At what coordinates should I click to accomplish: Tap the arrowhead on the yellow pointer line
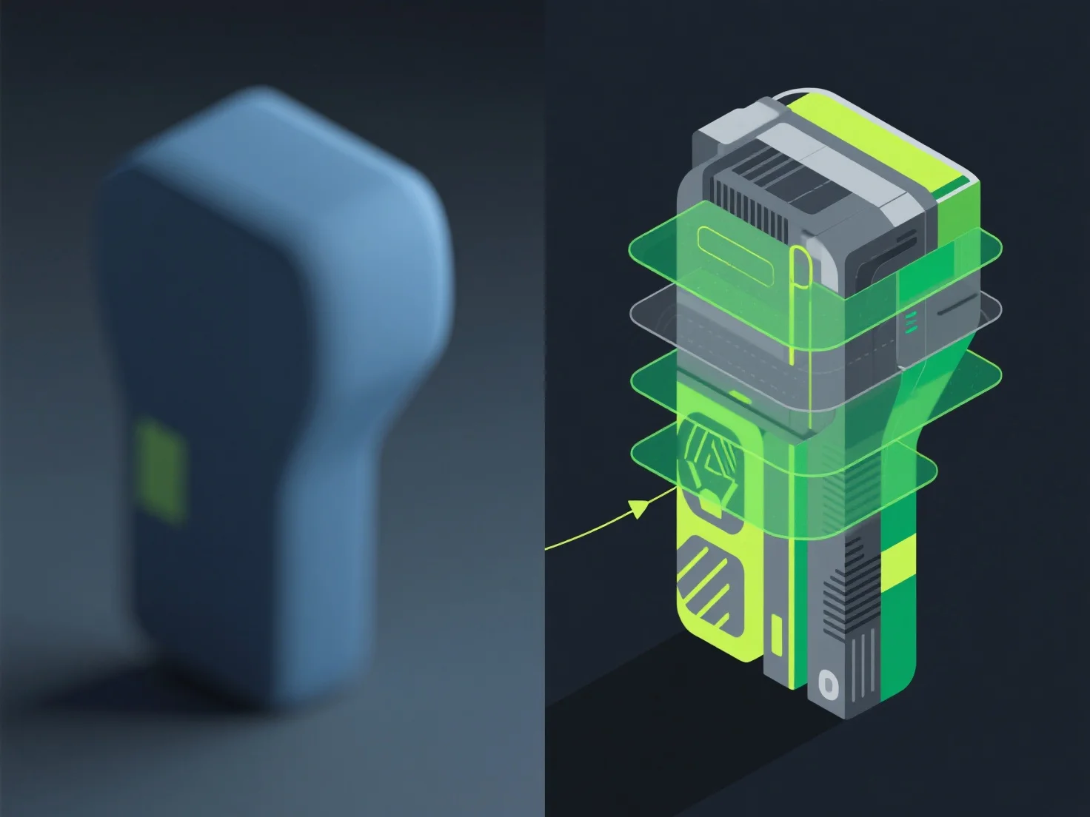(x=638, y=508)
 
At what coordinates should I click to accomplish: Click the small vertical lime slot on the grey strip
(x=777, y=636)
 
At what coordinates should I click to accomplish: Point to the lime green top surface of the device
(x=874, y=141)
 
